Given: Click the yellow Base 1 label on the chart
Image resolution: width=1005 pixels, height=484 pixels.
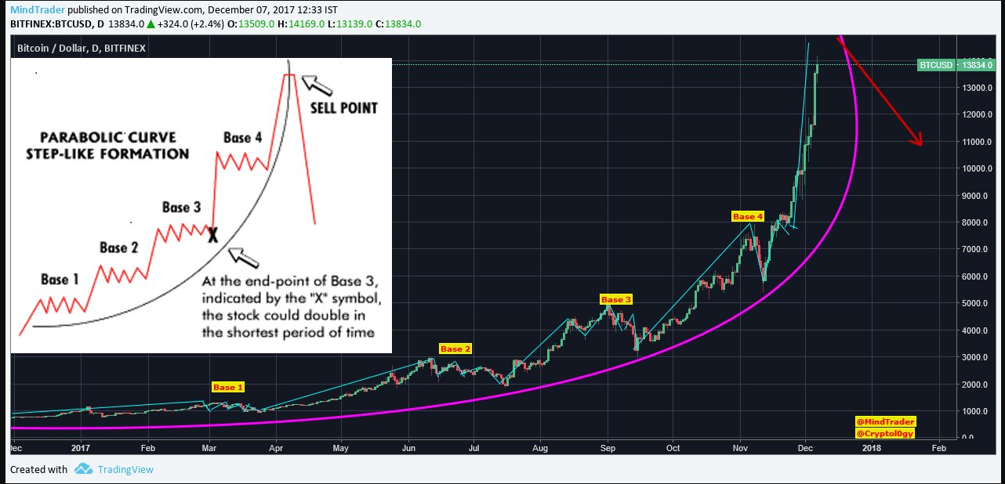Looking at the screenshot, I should coord(229,387).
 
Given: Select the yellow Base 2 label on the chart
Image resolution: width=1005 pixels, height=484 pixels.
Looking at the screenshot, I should coord(455,349).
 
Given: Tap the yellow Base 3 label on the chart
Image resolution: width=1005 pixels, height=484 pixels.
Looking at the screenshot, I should coord(616,299).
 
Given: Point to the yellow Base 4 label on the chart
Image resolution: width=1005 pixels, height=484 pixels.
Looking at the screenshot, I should coord(747,216).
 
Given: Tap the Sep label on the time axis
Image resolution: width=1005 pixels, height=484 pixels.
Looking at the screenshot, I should coord(608,449).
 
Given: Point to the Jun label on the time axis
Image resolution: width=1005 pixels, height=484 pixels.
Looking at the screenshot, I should coord(408,449).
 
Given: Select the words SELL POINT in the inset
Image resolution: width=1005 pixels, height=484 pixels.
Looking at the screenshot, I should coord(343,107).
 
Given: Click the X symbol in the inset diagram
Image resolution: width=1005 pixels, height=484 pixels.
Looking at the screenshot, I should coord(212,234).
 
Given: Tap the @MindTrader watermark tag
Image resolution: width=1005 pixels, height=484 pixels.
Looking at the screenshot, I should coord(885,421).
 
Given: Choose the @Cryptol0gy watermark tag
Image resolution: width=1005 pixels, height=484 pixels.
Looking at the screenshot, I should coord(885,433).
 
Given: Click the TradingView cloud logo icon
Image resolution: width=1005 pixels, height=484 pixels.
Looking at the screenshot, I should coord(84,469).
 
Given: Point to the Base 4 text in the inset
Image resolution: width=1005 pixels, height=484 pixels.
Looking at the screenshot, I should coord(242,138).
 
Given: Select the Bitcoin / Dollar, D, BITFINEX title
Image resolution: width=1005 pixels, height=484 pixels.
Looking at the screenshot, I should coord(82,49).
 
